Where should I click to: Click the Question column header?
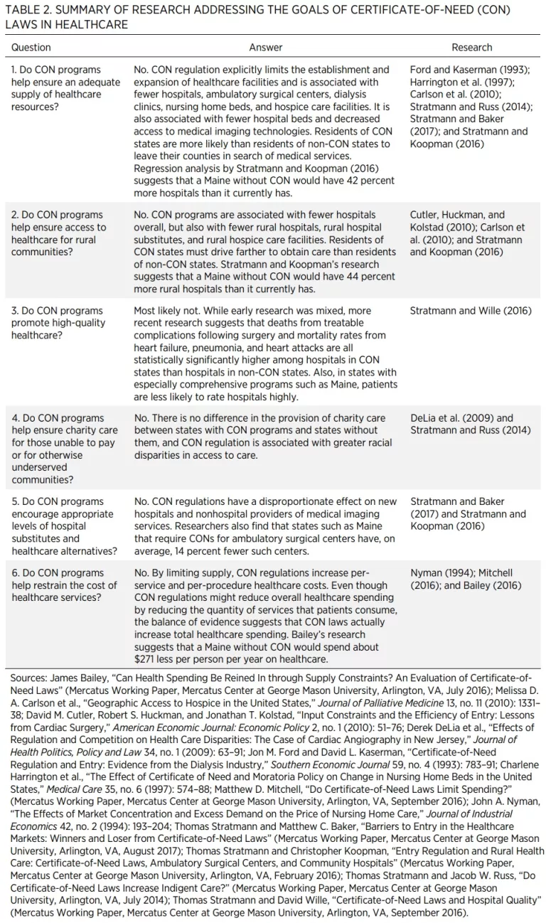click(x=31, y=48)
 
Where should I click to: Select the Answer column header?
click(x=266, y=48)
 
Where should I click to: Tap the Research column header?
click(x=471, y=48)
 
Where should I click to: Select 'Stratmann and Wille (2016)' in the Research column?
click(x=471, y=311)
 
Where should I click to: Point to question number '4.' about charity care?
click(x=16, y=418)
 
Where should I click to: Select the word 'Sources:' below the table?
click(x=29, y=679)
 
